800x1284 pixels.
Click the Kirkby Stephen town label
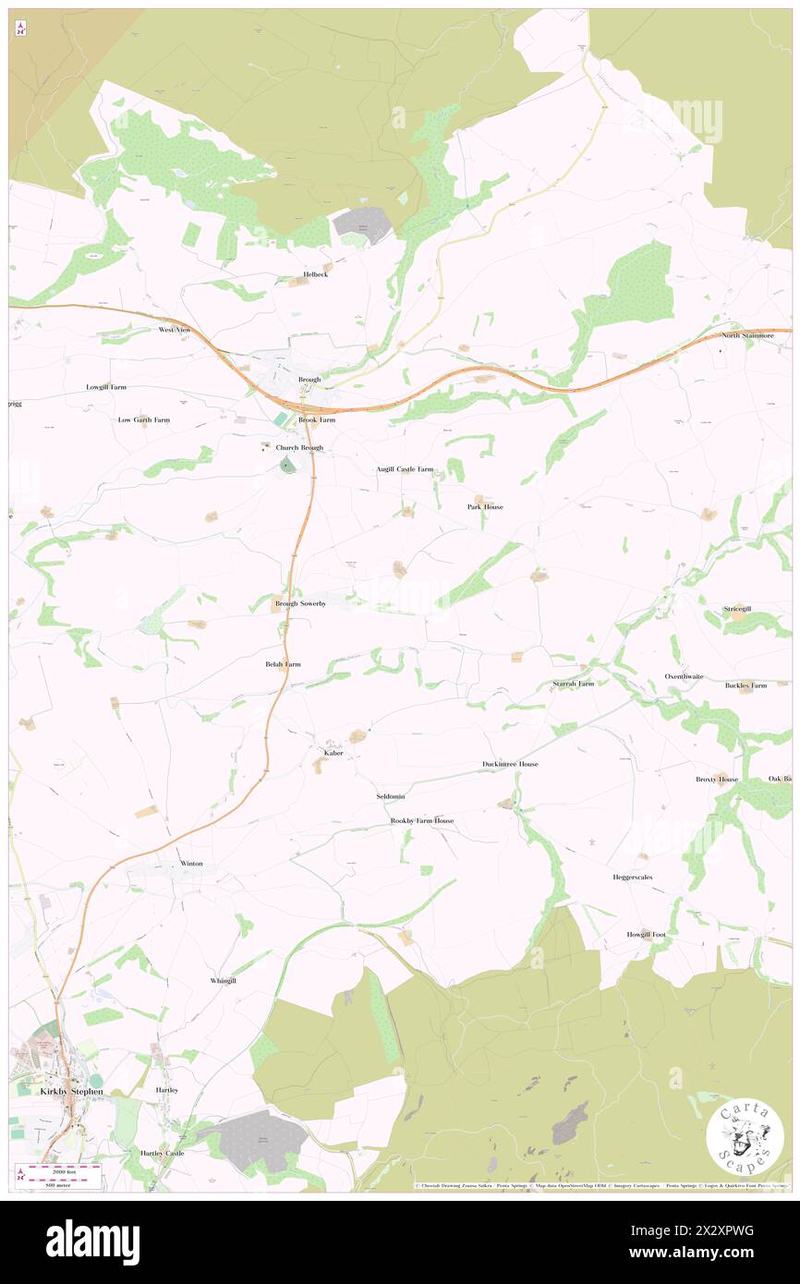(x=72, y=1091)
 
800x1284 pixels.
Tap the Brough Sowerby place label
(x=300, y=603)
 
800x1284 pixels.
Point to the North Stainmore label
(x=748, y=335)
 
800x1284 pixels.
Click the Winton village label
(x=191, y=863)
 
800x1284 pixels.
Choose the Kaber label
(x=333, y=753)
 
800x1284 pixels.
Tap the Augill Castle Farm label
(x=405, y=469)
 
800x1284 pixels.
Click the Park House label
(x=485, y=507)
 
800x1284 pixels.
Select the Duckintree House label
(x=510, y=764)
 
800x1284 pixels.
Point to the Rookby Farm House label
(x=422, y=820)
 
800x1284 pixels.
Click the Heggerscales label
(x=633, y=877)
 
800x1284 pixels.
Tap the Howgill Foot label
(x=646, y=934)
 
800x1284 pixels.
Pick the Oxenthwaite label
(x=685, y=676)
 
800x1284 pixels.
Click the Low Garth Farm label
(x=144, y=419)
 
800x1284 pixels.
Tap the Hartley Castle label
(x=163, y=1153)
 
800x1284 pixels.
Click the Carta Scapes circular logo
(x=745, y=1137)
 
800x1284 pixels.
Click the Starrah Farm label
(x=574, y=684)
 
